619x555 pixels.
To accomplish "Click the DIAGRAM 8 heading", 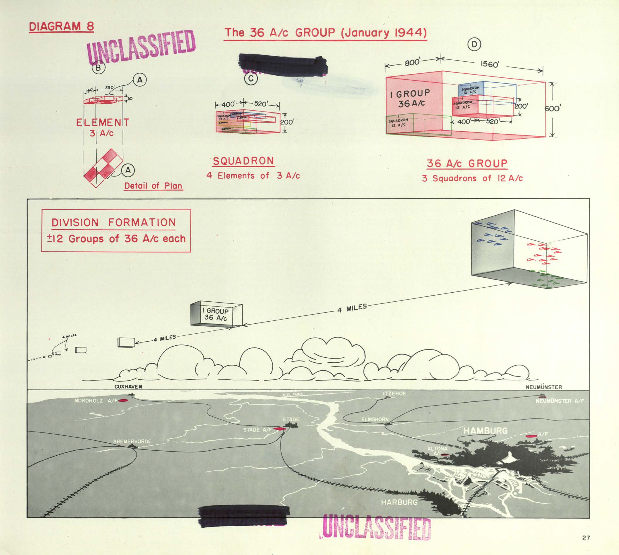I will point(61,26).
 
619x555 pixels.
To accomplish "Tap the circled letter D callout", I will point(474,45).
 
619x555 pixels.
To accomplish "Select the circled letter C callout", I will point(251,79).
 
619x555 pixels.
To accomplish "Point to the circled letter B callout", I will point(98,67).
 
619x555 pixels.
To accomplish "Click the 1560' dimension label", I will point(490,64).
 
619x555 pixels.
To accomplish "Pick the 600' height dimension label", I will point(552,108).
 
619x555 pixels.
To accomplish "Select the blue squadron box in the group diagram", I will point(471,90).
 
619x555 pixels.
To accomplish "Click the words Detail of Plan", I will point(153,186).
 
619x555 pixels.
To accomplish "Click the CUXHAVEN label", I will point(128,387).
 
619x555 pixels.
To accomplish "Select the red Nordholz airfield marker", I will point(122,400).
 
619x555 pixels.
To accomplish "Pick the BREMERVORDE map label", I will point(132,441).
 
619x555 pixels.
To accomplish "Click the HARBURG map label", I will point(399,502).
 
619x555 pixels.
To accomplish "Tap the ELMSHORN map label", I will point(375,419).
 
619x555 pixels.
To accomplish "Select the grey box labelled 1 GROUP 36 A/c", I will point(216,315).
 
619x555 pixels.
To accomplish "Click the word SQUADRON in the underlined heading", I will point(243,161).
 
